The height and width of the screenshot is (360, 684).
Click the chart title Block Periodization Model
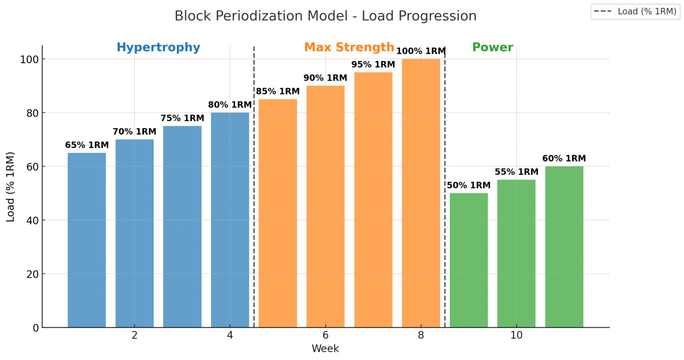pos(325,16)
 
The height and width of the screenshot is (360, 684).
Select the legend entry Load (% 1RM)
pos(635,12)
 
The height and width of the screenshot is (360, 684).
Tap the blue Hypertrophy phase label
pos(158,47)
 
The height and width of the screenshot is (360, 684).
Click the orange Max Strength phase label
pos(349,47)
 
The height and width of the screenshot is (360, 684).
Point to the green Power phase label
pos(493,47)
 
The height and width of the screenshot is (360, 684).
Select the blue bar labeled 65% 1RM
pos(87,241)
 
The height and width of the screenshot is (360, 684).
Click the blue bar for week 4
pos(230,221)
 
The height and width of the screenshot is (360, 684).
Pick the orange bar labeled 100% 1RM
pos(421,194)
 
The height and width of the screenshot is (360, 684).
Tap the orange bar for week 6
pos(326,207)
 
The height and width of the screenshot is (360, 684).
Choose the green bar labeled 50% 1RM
pos(468,261)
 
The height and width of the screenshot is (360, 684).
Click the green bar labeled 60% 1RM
pos(564,247)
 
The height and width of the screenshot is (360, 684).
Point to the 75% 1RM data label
pos(182,119)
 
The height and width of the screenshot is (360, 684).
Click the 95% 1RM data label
pos(373,65)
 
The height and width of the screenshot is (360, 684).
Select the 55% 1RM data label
pos(517,172)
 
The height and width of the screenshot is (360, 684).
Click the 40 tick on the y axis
pos(32,221)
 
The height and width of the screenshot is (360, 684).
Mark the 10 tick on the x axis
pos(517,335)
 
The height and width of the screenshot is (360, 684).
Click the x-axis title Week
pos(325,349)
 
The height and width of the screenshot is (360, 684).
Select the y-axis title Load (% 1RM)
pos(11,187)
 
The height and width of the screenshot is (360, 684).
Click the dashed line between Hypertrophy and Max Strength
pos(254,187)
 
